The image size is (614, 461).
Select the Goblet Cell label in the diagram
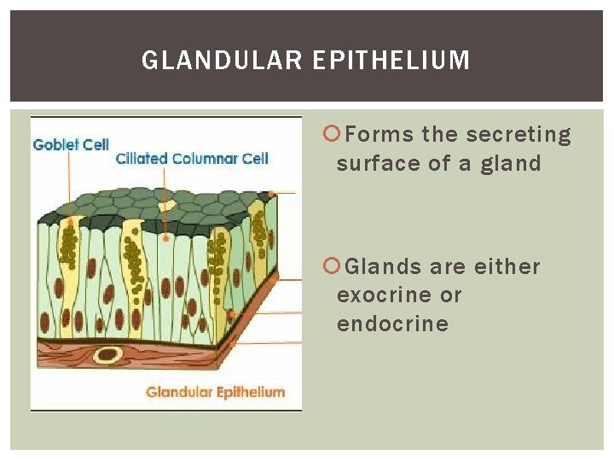[x=71, y=144]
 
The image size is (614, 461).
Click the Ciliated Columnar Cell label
[x=192, y=158]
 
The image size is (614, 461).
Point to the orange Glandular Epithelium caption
[x=215, y=392]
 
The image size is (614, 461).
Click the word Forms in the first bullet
[x=380, y=135]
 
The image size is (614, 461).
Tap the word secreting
[x=518, y=135]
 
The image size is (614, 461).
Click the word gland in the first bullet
[x=510, y=163]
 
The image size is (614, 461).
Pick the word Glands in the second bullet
[x=384, y=267]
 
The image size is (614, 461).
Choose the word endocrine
[x=392, y=324]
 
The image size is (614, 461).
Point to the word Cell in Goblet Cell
[x=96, y=144]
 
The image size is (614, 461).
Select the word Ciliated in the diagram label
[x=142, y=158]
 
